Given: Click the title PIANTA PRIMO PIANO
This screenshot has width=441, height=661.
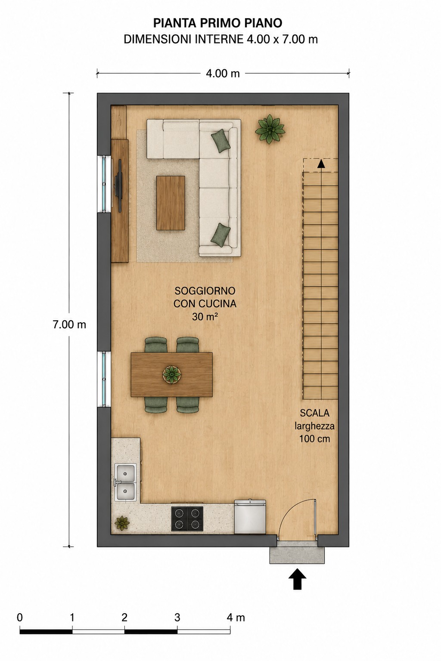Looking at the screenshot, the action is (x=217, y=23).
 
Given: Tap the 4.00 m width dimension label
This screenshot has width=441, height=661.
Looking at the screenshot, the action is (x=223, y=74).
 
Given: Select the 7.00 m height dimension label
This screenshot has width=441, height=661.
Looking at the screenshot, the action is (x=69, y=324).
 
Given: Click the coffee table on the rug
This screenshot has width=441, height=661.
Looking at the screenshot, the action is (x=171, y=203).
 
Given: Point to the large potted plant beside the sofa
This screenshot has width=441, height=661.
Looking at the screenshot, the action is (x=270, y=129).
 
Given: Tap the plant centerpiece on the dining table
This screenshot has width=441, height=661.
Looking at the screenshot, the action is (x=171, y=375).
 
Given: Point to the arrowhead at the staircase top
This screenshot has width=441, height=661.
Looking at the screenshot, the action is (x=321, y=164).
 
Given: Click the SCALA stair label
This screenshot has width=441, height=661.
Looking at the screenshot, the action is (x=314, y=413).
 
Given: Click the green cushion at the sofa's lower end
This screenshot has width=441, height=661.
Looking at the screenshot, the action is (x=220, y=234).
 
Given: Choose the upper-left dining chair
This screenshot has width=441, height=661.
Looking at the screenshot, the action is (x=156, y=345).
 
